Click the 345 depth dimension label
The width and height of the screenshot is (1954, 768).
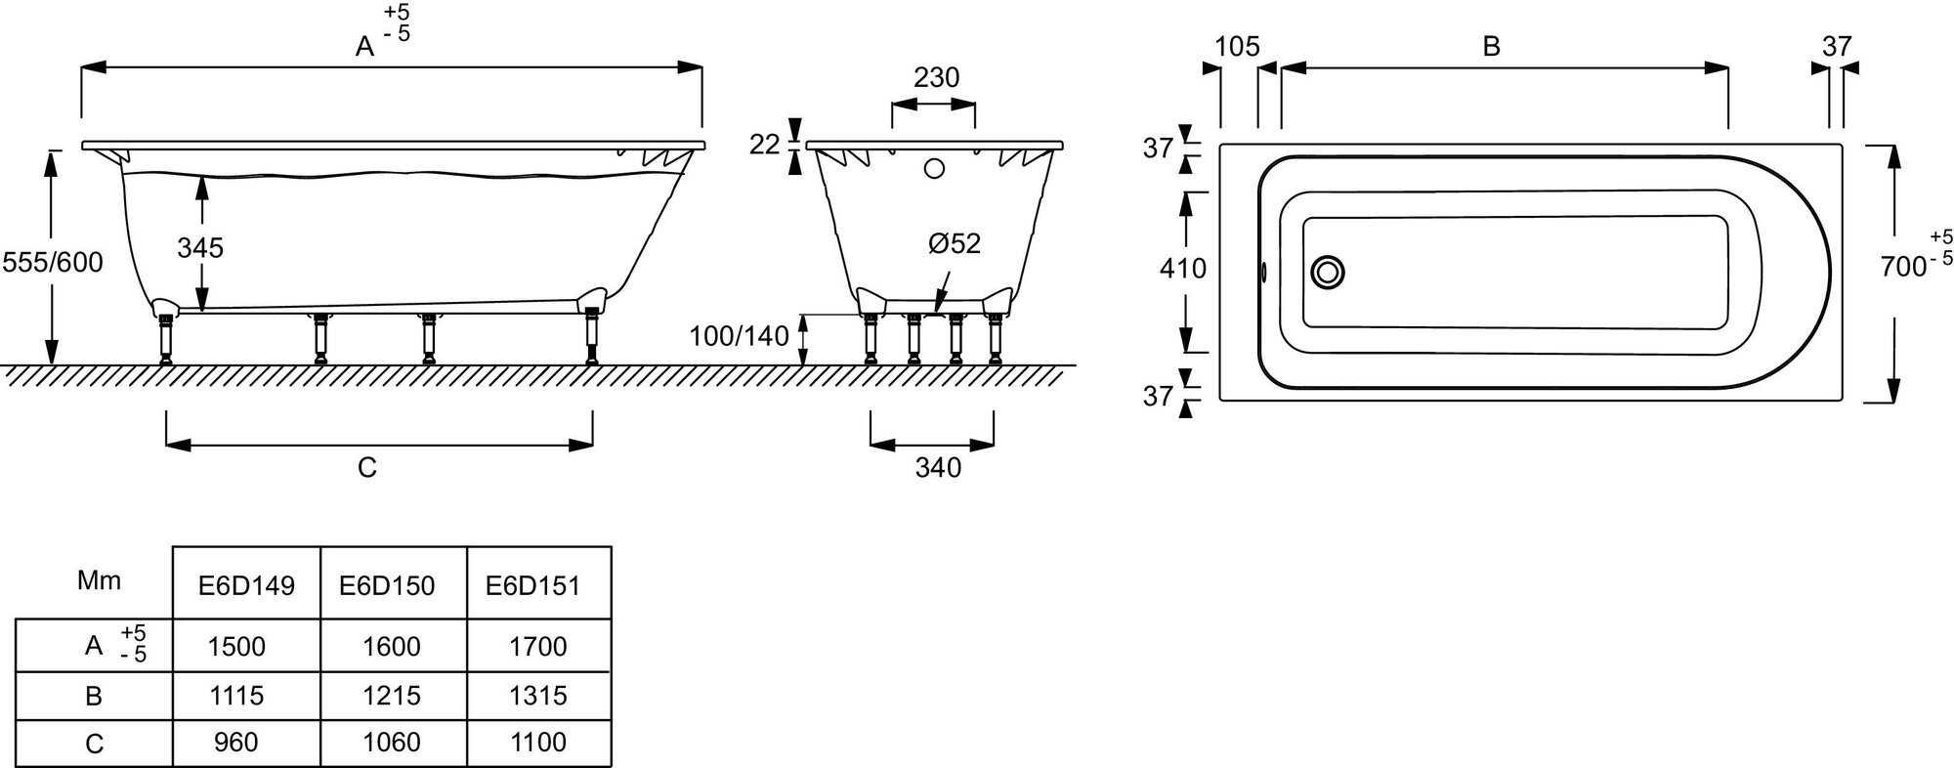(200, 248)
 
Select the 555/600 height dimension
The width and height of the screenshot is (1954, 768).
(53, 262)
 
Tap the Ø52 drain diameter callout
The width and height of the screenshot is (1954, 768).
(954, 243)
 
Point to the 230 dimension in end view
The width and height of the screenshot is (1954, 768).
(936, 77)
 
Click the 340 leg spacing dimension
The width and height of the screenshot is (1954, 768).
(938, 468)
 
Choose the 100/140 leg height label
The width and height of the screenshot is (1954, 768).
(739, 337)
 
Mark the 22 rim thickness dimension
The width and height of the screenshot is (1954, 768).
(765, 145)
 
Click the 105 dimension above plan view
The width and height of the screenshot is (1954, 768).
(1238, 47)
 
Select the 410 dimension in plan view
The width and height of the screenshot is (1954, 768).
(1183, 268)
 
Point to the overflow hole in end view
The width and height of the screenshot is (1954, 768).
(934, 169)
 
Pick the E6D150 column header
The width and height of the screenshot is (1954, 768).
(387, 586)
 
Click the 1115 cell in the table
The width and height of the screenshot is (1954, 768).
(236, 696)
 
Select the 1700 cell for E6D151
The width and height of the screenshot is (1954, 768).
(538, 647)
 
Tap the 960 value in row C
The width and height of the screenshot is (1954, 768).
(236, 744)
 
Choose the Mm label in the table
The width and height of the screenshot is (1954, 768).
(99, 581)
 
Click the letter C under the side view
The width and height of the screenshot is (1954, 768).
(367, 468)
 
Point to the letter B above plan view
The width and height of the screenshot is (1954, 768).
(1491, 47)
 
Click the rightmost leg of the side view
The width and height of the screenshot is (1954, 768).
(590, 336)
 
